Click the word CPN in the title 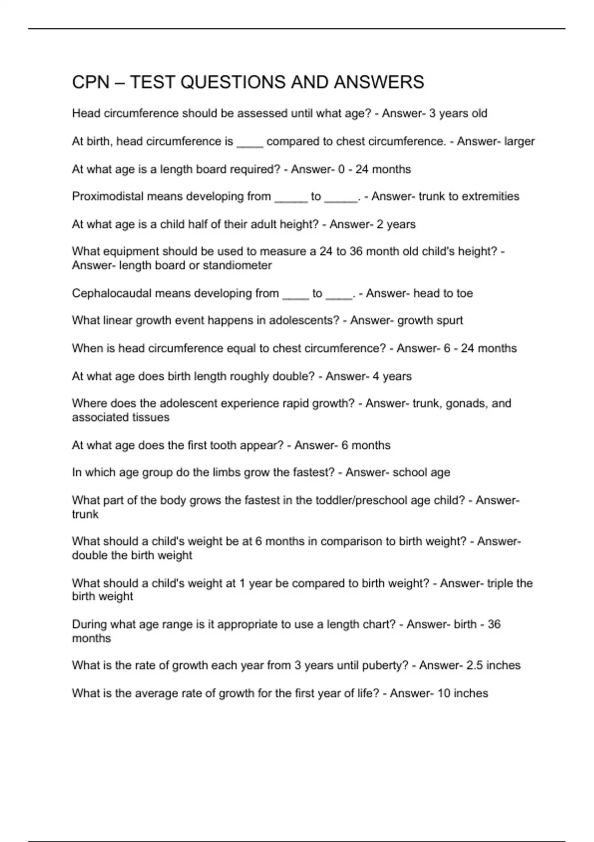point(91,82)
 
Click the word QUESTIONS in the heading point(232,82)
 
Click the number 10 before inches point(444,693)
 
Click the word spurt point(450,320)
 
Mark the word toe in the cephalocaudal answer point(464,293)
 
